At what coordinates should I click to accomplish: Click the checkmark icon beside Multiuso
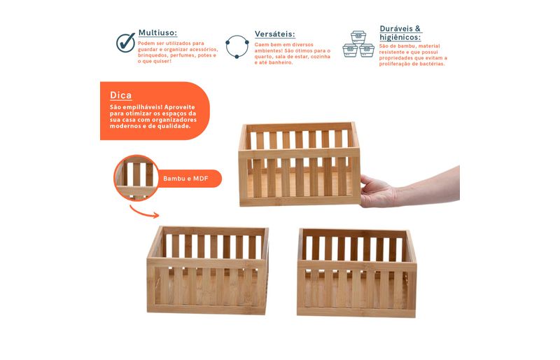pyautogui.click(x=126, y=43)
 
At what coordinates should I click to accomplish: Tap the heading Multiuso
pyautogui.click(x=158, y=33)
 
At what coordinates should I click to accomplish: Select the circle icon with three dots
pyautogui.click(x=237, y=46)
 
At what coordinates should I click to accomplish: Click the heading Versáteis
pyautogui.click(x=275, y=34)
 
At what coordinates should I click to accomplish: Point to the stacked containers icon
pyautogui.click(x=358, y=44)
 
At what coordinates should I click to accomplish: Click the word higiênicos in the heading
pyautogui.click(x=400, y=38)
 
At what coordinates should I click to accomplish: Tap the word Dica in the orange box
pyautogui.click(x=120, y=95)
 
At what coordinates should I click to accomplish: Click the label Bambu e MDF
pyautogui.click(x=185, y=179)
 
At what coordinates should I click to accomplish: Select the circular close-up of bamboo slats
pyautogui.click(x=136, y=177)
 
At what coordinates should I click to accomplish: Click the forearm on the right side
pyautogui.click(x=428, y=186)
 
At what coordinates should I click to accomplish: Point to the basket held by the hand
pyautogui.click(x=300, y=164)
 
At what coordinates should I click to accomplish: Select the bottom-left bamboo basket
pyautogui.click(x=207, y=270)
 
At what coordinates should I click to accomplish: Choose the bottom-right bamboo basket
pyautogui.click(x=357, y=273)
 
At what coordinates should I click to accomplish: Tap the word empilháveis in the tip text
pyautogui.click(x=142, y=107)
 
